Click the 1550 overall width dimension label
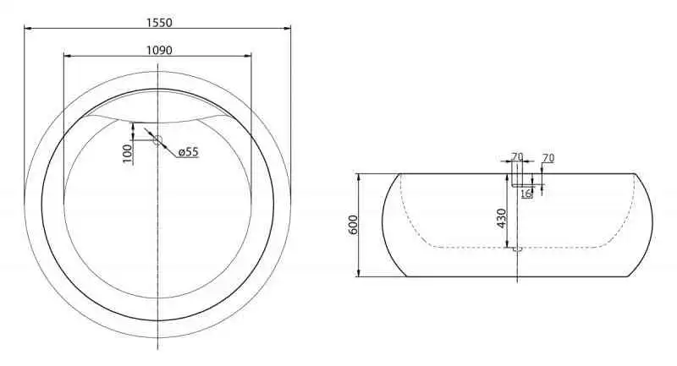coord(159,23)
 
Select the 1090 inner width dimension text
coord(159,51)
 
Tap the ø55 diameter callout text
coord(188,152)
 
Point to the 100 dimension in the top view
coord(127,154)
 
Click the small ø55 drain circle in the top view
coord(157,140)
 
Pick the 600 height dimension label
coord(353,225)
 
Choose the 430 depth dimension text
coord(501,219)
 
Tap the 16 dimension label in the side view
coord(526,194)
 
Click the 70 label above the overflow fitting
coord(517,156)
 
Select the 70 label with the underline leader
coord(548,158)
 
